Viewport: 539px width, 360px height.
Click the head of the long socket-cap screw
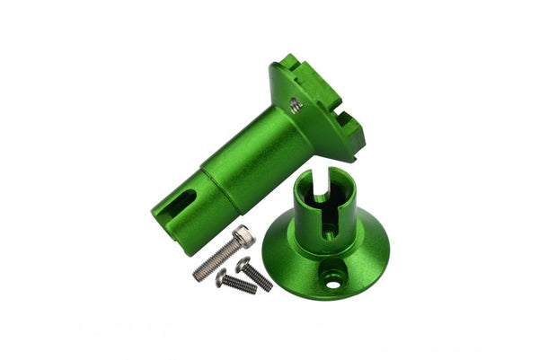tap(243, 237)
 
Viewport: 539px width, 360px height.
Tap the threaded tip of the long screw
tap(197, 276)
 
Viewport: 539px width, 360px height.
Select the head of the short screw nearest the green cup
tap(243, 264)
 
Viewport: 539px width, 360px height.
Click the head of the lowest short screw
tap(221, 278)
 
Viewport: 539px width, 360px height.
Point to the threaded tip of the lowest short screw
tap(252, 291)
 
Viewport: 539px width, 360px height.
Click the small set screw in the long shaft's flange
tap(296, 106)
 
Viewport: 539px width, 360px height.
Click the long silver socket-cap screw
tap(220, 256)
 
